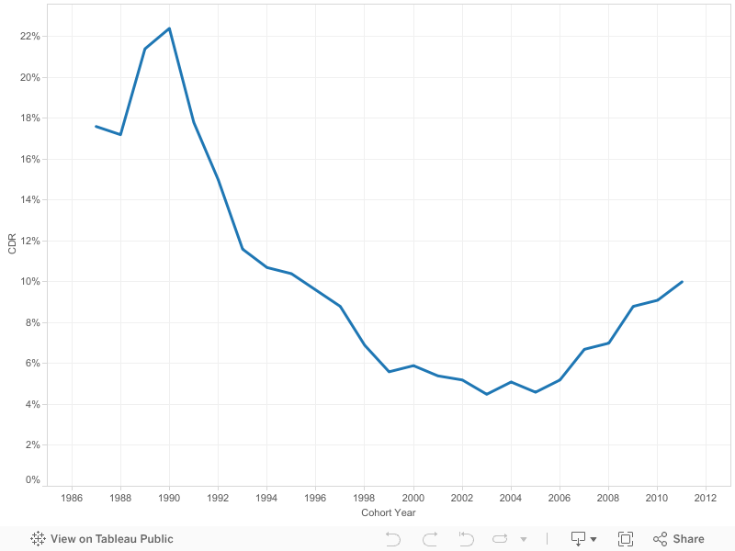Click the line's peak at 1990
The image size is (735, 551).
(x=169, y=28)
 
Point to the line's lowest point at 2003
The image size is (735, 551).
(x=487, y=394)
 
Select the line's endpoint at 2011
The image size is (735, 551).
(x=682, y=282)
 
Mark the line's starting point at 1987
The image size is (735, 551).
(x=96, y=126)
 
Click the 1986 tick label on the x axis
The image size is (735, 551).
(x=72, y=498)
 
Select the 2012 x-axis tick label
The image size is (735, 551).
(x=706, y=498)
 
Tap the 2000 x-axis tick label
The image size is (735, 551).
(x=413, y=498)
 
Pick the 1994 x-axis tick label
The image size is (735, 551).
(x=267, y=498)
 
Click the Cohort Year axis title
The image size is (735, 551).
(x=388, y=512)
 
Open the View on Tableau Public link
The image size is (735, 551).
(x=102, y=539)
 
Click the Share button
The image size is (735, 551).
(x=679, y=539)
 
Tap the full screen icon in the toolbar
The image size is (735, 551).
(x=626, y=539)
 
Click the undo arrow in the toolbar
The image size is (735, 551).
(x=393, y=539)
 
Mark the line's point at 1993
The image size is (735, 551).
(x=243, y=249)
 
